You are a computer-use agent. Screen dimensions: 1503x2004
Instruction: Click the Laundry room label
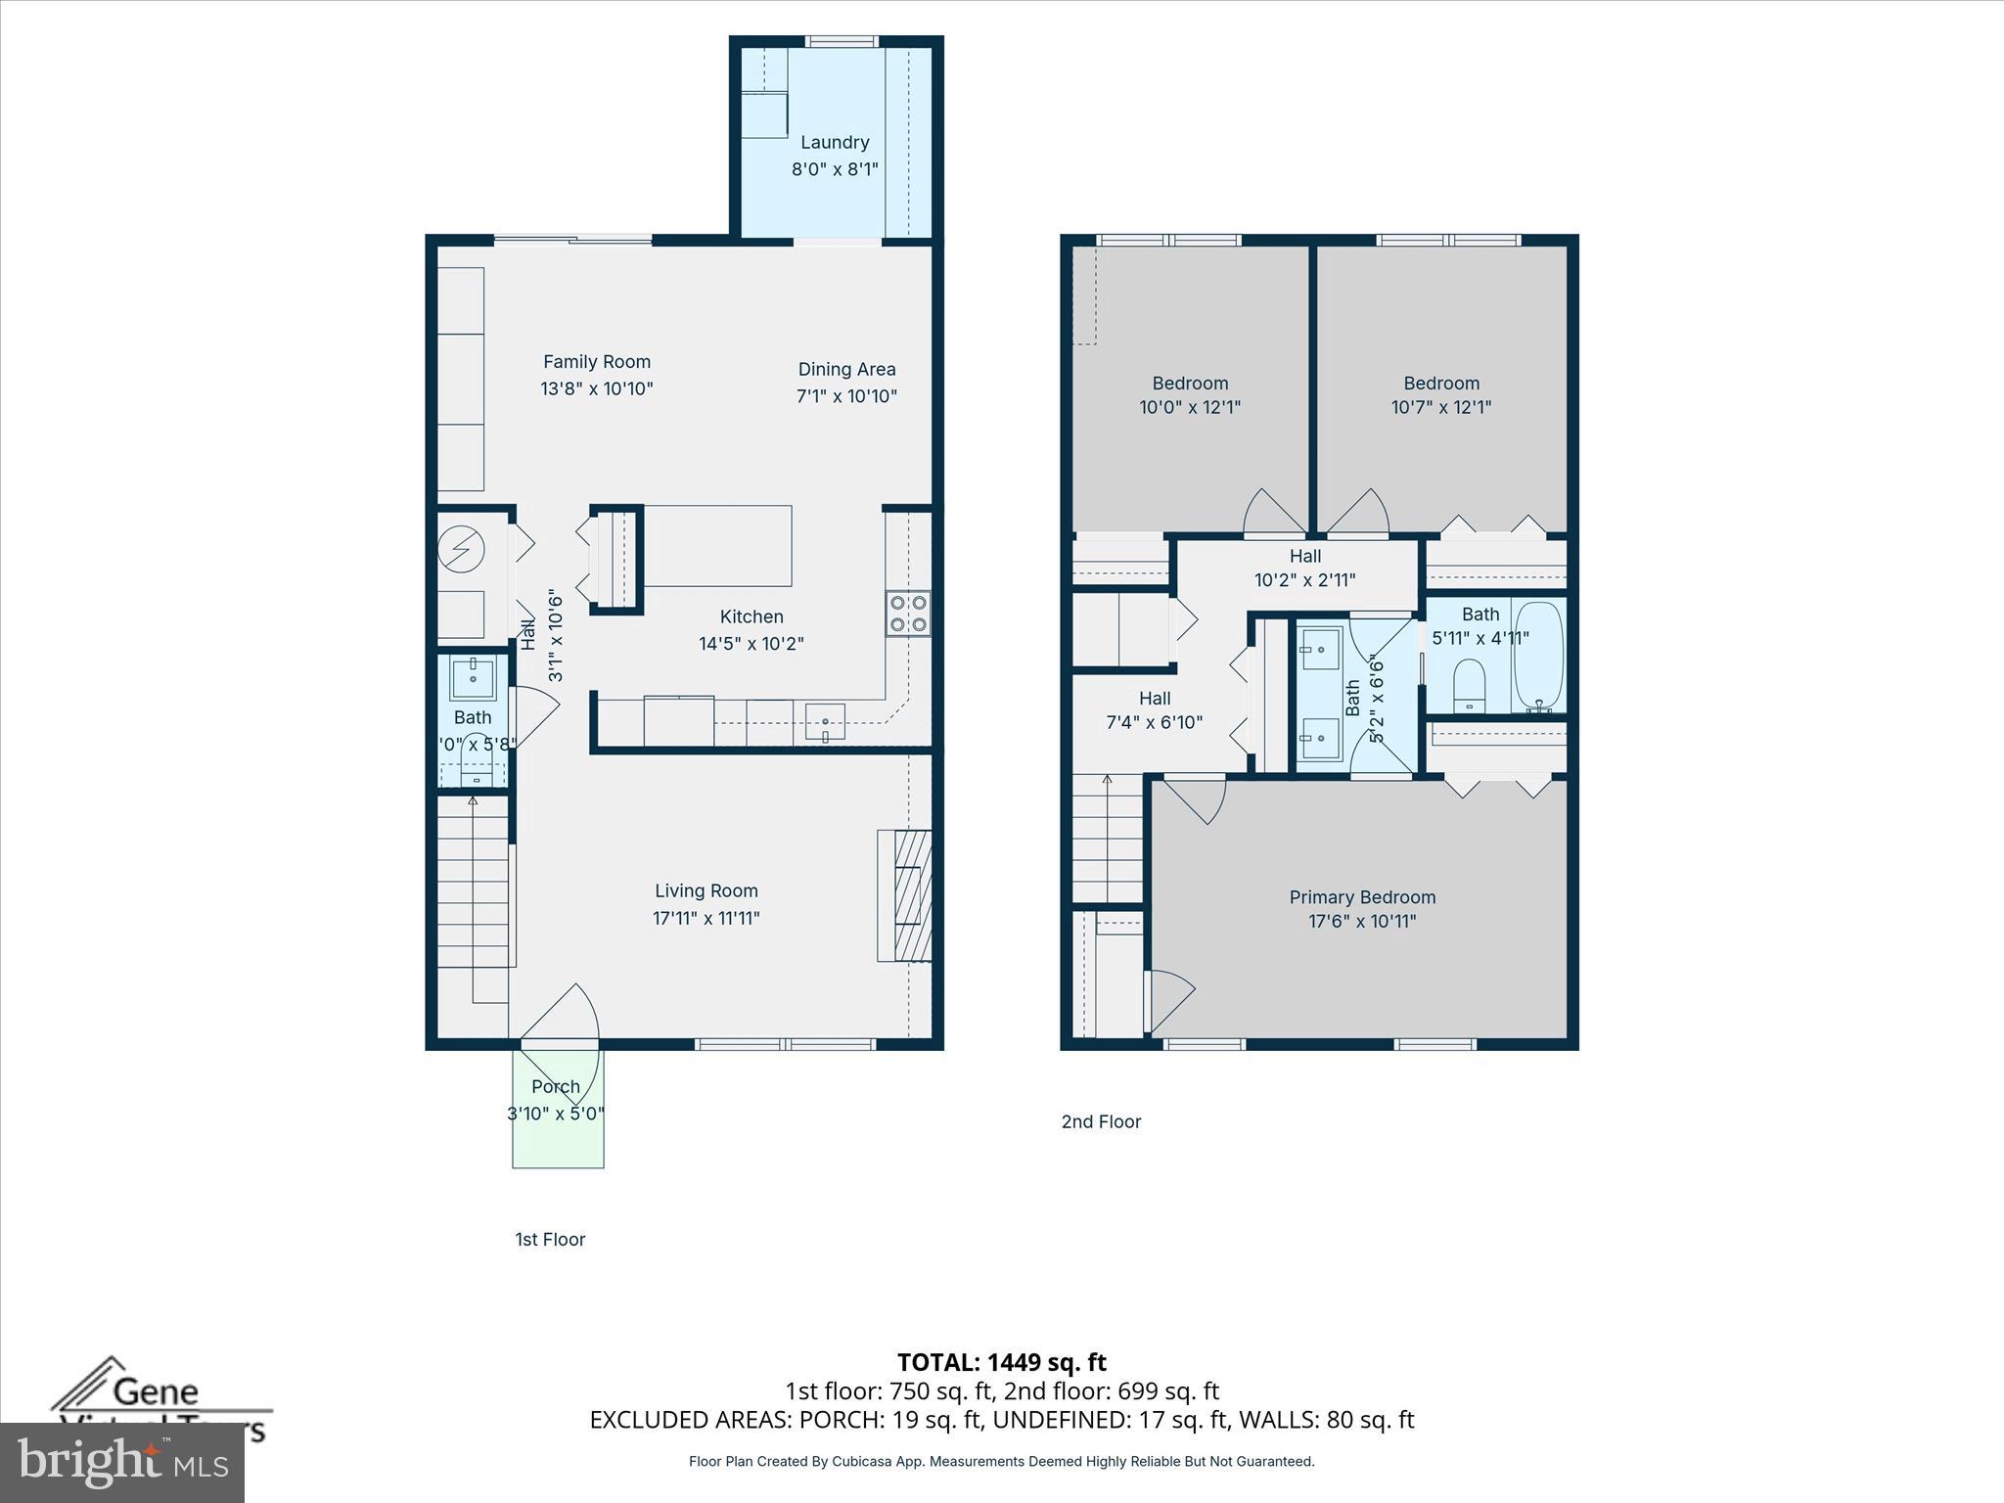(x=835, y=143)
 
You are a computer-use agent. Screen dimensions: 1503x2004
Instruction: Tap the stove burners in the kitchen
(x=907, y=615)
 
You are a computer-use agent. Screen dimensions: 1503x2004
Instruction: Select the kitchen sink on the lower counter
(x=825, y=721)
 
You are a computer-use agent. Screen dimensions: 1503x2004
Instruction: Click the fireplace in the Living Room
(x=904, y=895)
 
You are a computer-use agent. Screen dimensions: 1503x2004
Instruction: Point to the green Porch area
(x=558, y=1135)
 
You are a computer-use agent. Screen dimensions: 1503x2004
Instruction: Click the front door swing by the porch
(x=563, y=1018)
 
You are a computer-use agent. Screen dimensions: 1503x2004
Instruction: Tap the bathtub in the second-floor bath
(x=1538, y=656)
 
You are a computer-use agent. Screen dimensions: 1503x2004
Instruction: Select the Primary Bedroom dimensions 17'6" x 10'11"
(x=1362, y=921)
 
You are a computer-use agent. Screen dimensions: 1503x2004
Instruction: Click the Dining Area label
(x=846, y=370)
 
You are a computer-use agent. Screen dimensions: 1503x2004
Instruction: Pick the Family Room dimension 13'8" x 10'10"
(x=597, y=388)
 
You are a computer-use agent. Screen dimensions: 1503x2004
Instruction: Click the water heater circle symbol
(x=461, y=550)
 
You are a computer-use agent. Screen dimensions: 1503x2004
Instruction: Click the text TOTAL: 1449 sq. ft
(x=1001, y=1362)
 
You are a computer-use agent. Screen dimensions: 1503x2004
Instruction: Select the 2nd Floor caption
(x=1101, y=1122)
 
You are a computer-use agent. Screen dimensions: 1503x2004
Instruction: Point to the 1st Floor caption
(x=550, y=1240)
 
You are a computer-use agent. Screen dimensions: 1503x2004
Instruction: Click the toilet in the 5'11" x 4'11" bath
(x=1469, y=686)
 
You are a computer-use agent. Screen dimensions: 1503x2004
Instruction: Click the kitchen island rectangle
(x=717, y=546)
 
